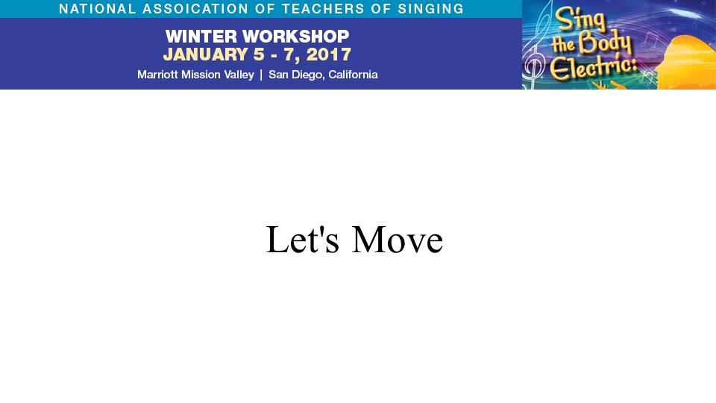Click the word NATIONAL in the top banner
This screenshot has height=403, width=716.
pos(98,9)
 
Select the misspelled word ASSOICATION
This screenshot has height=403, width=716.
pos(196,9)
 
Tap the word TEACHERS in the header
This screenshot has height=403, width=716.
pos(322,9)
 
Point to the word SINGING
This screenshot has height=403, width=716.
pos(430,9)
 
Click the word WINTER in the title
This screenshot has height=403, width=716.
pos(201,36)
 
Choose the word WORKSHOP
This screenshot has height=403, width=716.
pos(296,36)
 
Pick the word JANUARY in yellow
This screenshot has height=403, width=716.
pos(206,54)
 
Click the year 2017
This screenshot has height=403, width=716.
pos(329,54)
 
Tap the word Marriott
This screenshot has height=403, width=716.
pos(157,75)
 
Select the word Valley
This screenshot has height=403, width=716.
pos(239,75)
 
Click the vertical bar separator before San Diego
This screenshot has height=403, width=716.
pos(261,75)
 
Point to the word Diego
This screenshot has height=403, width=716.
pos(308,75)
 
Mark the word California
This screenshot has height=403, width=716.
pos(353,75)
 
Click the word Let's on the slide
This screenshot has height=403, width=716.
pos(303,239)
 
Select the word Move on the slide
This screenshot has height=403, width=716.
pos(398,239)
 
